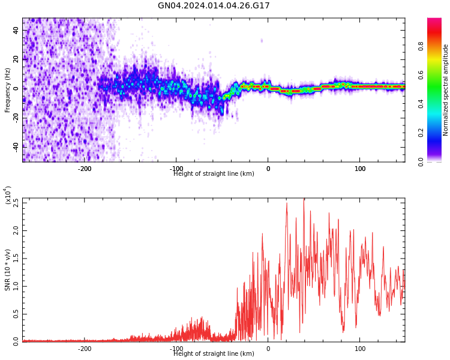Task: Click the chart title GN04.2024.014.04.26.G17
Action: [x=214, y=6]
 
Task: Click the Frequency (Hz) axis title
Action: [x=8, y=90]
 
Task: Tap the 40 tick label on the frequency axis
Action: [x=16, y=31]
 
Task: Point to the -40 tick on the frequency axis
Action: [x=15, y=146]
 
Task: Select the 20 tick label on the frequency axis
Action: [x=16, y=59]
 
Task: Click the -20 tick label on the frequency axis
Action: [x=15, y=117]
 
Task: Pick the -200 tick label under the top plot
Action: [x=85, y=169]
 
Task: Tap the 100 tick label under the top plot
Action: [x=360, y=169]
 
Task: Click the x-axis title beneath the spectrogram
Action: [x=214, y=174]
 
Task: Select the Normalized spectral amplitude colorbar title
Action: [x=446, y=90]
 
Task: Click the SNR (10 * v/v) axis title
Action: [x=8, y=270]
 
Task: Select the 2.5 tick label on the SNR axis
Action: [x=16, y=202]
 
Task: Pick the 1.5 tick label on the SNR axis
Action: [x=16, y=259]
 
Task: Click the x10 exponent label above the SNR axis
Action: [x=7, y=195]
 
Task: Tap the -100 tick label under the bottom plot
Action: [x=176, y=349]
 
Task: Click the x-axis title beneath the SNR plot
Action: [x=214, y=354]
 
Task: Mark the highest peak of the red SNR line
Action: [x=304, y=199]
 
